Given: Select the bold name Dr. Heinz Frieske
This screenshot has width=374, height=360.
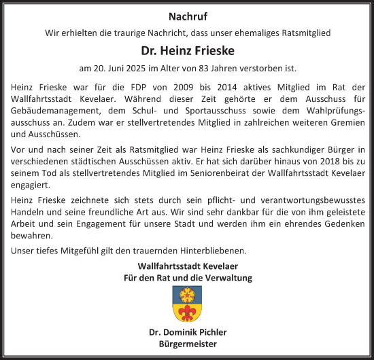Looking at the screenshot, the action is coord(187,50).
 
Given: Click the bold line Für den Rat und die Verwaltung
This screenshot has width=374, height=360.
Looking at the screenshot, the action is coord(187,278).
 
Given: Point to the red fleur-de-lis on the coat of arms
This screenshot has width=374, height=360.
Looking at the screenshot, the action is coord(187,312).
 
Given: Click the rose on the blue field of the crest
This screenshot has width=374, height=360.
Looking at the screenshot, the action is coord(187,294).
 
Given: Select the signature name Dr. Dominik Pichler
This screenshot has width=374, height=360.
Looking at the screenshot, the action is coord(187,332).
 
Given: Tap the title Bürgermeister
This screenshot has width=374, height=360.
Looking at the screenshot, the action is coord(187,344).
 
